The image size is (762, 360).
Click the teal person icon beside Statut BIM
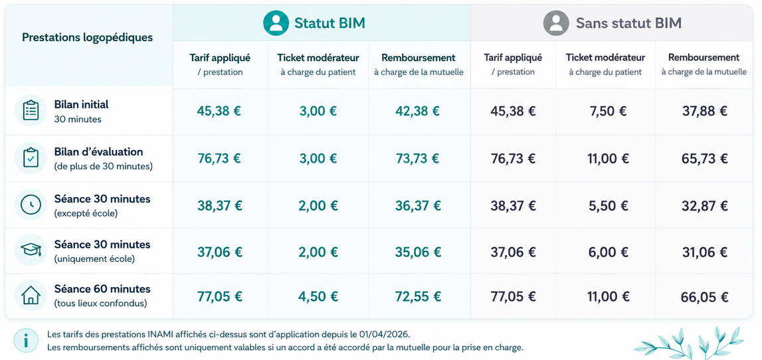(x=276, y=23)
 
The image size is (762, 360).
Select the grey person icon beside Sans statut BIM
(x=556, y=23)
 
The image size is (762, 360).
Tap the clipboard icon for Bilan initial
(x=31, y=111)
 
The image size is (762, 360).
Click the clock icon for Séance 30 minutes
(x=31, y=205)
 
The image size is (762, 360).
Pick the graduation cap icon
(x=31, y=250)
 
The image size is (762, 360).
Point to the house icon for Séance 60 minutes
(x=31, y=295)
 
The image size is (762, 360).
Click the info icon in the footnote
(x=26, y=340)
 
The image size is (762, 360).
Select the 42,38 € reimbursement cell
(x=417, y=112)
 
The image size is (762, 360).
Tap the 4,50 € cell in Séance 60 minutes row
(x=318, y=296)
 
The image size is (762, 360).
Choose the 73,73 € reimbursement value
(x=417, y=158)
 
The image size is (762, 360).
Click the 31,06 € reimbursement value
(x=705, y=252)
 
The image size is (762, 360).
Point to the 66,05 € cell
(x=705, y=298)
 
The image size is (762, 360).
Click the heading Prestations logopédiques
(x=88, y=37)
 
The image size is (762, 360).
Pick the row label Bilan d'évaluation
(x=98, y=152)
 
